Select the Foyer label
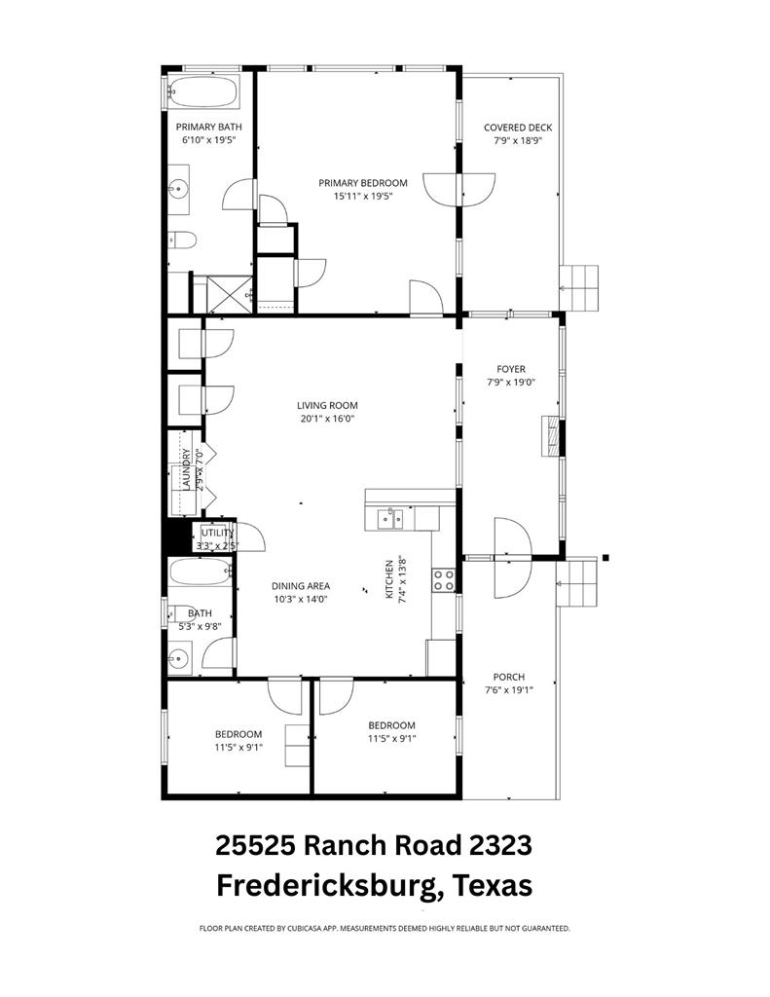[x=510, y=369]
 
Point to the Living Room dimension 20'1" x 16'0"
[x=327, y=420]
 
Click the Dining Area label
[x=300, y=586]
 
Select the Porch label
[x=508, y=678]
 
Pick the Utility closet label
[x=216, y=533]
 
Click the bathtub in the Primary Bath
[x=202, y=93]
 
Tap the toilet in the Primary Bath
[x=182, y=240]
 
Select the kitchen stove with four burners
[x=444, y=579]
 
